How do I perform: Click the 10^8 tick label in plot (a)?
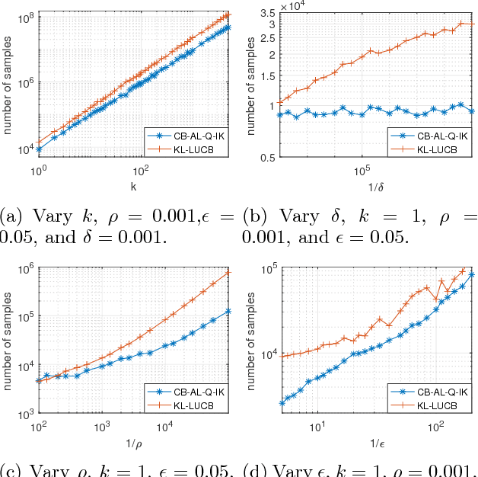[x=26, y=17]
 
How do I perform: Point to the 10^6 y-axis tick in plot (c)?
[x=26, y=267]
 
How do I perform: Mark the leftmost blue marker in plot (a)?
[x=39, y=149]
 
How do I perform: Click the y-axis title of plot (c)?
[x=9, y=340]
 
